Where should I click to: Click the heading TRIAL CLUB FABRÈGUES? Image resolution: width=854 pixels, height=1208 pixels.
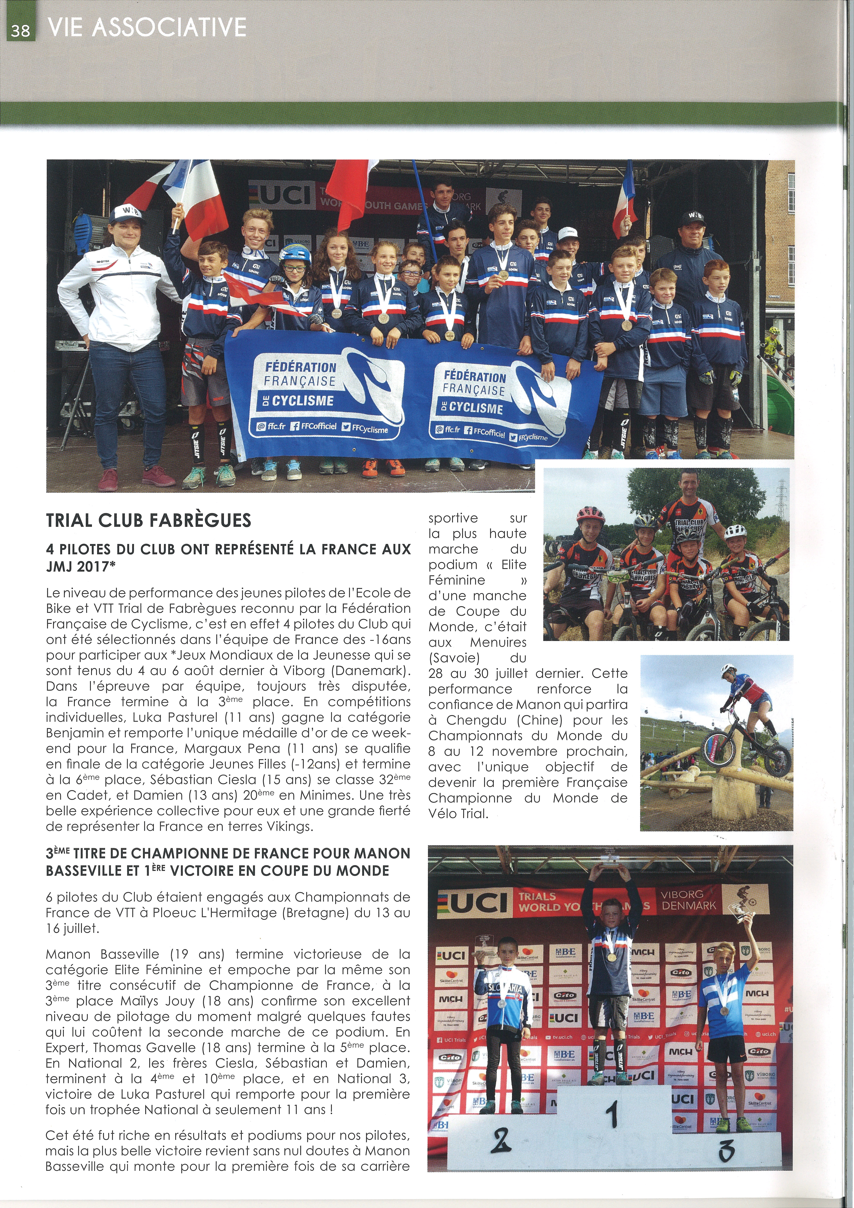pyautogui.click(x=148, y=520)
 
